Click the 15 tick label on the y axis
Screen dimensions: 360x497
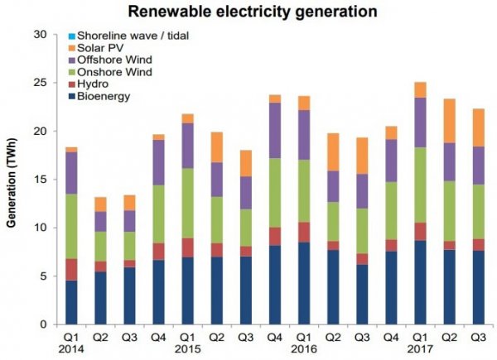point(48,180)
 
